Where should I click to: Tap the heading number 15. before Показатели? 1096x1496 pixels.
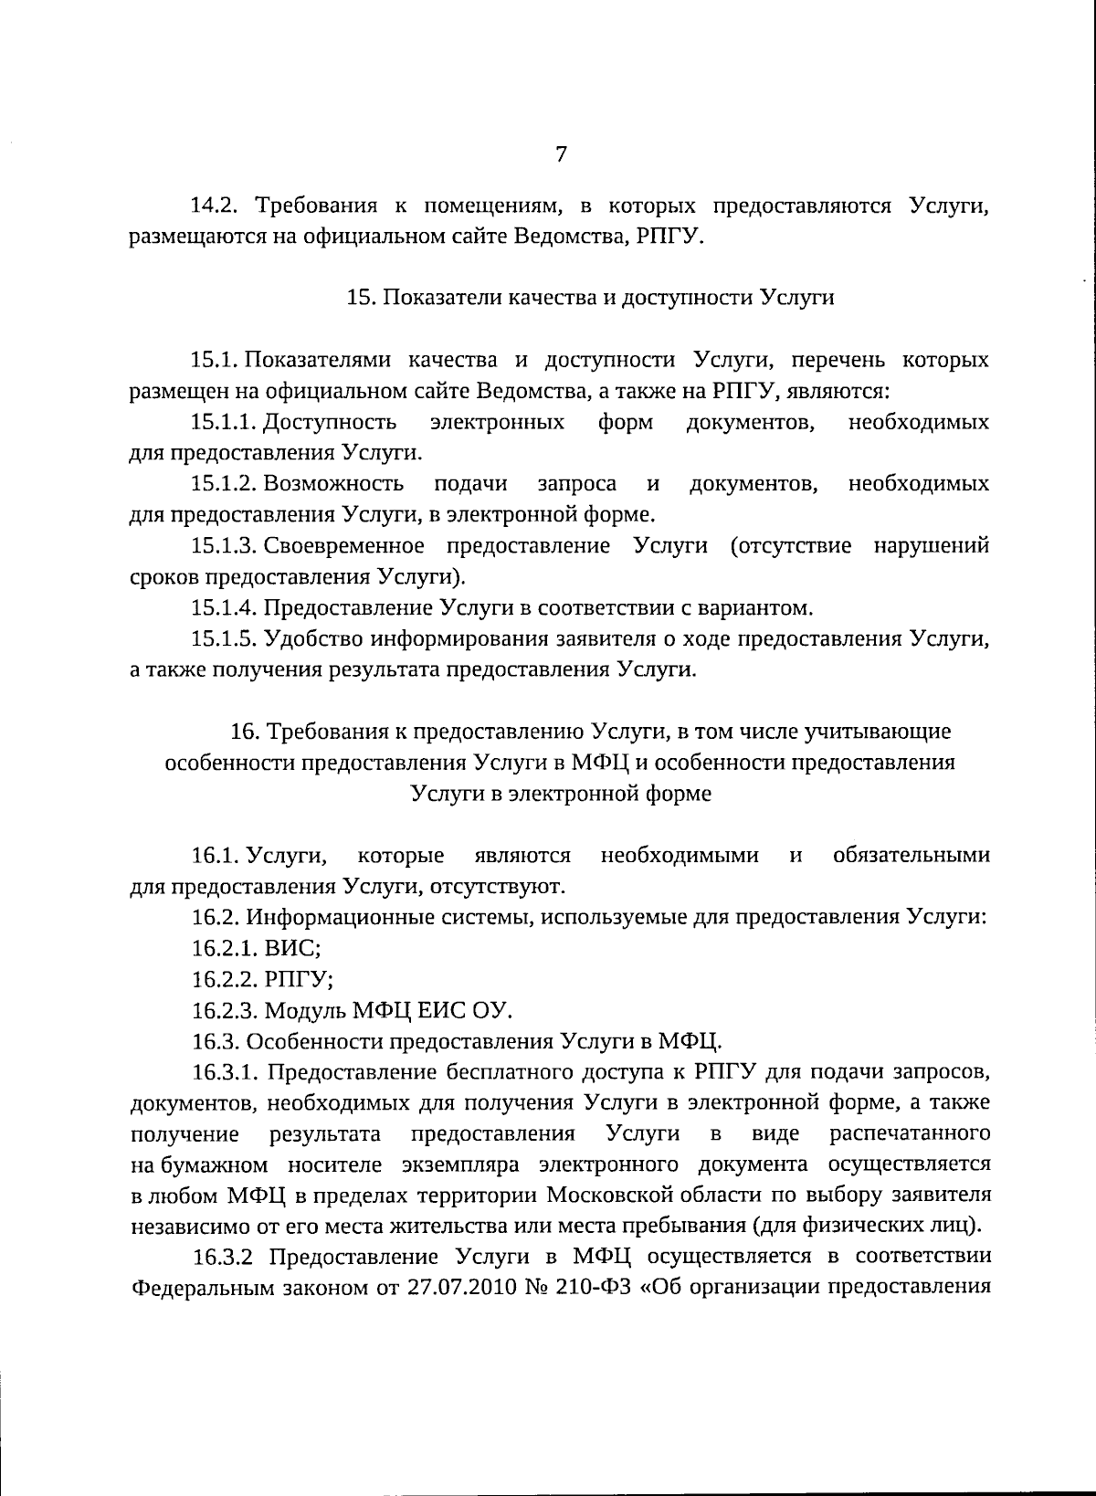click(360, 299)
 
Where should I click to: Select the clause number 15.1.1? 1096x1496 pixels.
click(224, 423)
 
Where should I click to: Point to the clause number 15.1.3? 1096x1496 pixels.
click(224, 547)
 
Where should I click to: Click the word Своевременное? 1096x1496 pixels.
click(344, 547)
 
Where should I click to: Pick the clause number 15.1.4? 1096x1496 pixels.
click(224, 608)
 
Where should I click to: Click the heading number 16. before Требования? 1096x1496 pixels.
click(246, 732)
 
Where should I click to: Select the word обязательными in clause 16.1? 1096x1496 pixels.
click(911, 856)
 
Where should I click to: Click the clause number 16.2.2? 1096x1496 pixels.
click(224, 980)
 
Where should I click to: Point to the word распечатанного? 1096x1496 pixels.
click(910, 1133)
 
